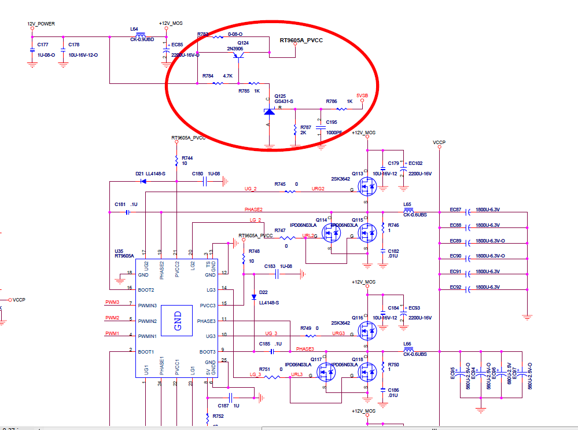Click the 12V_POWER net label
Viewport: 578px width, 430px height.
coord(41,24)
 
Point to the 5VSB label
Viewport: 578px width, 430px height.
coord(362,95)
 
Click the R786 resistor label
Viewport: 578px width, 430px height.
coord(331,101)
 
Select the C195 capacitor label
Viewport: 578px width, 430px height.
coord(332,122)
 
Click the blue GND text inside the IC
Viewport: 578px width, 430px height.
coord(178,321)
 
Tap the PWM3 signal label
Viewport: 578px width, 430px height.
coord(112,302)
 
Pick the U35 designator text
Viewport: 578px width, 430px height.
coord(120,251)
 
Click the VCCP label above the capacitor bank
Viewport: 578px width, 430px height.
coord(439,142)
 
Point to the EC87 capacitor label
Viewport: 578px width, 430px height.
coord(455,210)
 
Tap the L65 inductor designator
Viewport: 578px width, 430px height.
coord(407,204)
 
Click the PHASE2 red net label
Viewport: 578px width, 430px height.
coord(253,209)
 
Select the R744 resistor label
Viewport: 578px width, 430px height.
coord(187,157)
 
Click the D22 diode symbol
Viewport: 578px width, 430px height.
coord(254,297)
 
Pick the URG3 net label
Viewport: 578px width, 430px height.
coord(338,333)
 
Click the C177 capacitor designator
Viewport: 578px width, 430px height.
coord(42,45)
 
